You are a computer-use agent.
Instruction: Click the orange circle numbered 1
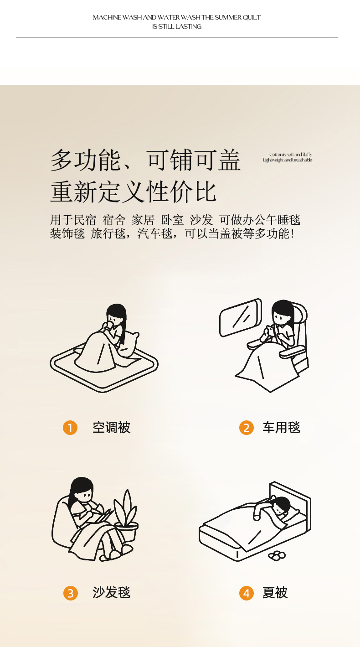point(70,428)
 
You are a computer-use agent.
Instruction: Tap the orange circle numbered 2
point(246,428)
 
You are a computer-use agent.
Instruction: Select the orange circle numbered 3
point(71,593)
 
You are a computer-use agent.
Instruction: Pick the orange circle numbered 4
point(246,593)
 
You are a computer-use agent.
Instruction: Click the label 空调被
point(112,428)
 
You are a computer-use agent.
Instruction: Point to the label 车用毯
point(282,428)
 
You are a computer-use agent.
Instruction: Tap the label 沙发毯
point(112,593)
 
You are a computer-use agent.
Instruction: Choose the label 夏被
point(275,593)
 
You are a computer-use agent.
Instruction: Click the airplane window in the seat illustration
point(241,317)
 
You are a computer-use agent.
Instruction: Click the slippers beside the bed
point(277,555)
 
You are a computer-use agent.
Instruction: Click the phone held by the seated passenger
point(270,330)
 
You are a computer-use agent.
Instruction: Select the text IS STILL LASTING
point(177,26)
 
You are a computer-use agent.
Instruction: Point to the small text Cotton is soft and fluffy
point(291,155)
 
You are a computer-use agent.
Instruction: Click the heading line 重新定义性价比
point(134,192)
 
